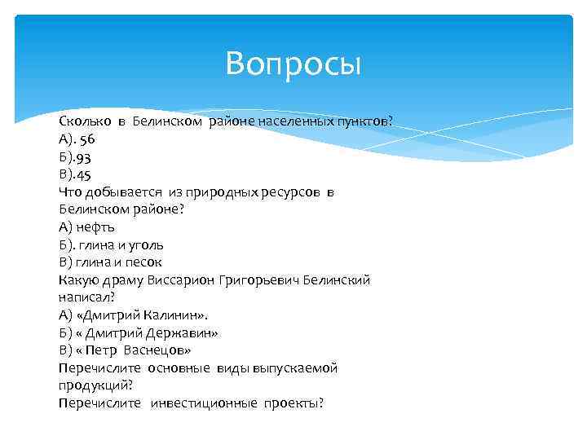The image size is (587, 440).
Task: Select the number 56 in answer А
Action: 87,139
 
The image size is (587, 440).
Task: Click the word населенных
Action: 294,121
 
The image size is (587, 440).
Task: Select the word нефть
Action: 96,227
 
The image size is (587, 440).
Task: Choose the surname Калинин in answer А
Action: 176,315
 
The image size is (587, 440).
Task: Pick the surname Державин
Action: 183,333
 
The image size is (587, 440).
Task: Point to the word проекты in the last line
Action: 293,403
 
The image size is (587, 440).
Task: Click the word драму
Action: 125,280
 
